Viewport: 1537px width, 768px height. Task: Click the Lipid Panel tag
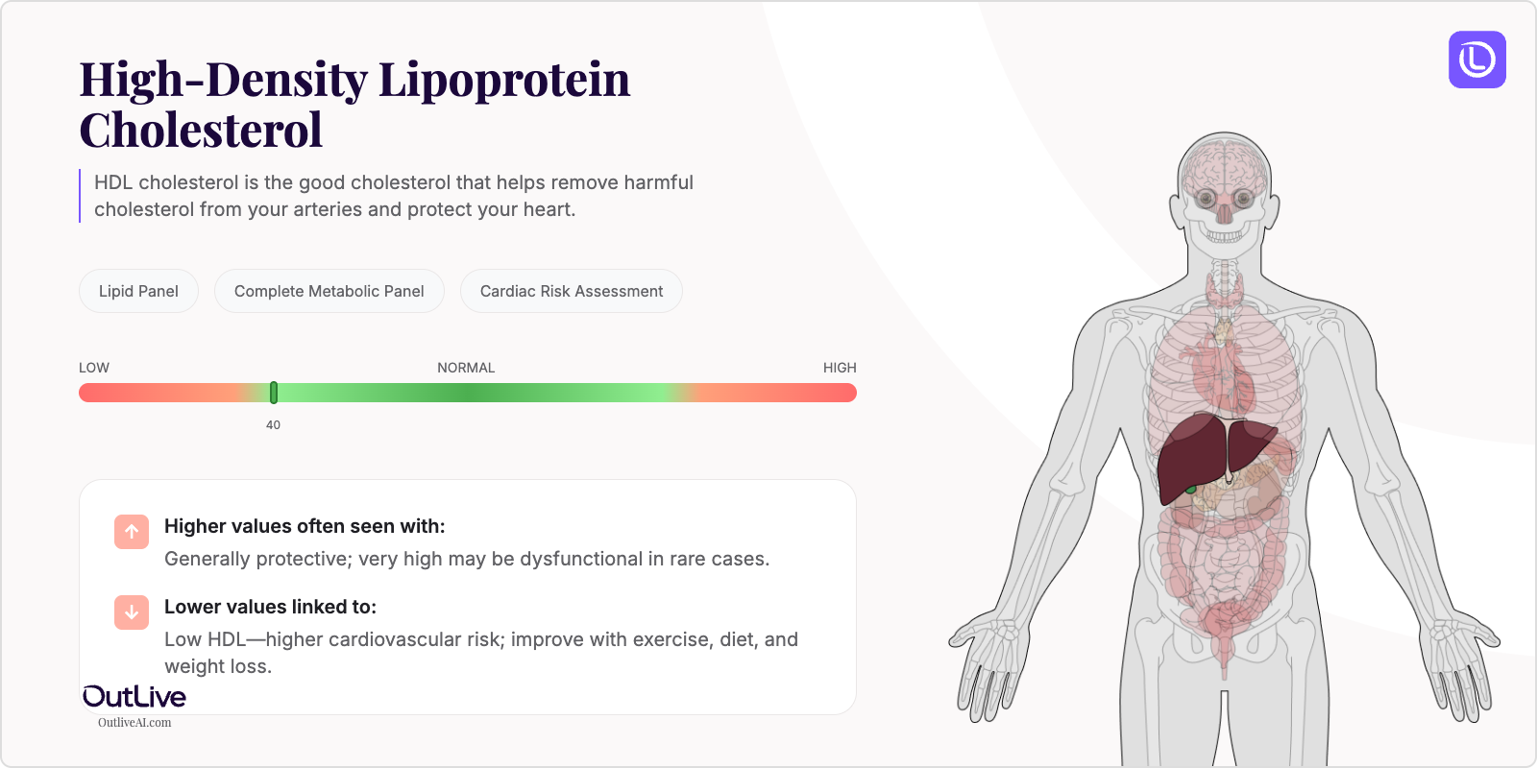pos(138,291)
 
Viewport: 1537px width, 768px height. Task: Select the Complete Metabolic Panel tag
pos(329,291)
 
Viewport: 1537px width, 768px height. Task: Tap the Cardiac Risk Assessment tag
pos(571,291)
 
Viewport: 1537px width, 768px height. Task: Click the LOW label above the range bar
pos(94,368)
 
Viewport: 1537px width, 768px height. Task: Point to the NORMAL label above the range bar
pos(466,368)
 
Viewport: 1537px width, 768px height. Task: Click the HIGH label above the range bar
pos(840,368)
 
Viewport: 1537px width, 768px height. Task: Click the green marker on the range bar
pos(274,393)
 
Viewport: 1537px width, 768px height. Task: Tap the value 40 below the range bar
pos(273,425)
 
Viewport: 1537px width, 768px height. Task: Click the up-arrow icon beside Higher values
pos(132,531)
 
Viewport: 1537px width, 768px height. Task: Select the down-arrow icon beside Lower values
pos(132,612)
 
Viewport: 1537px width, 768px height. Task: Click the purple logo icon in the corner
pos(1476,60)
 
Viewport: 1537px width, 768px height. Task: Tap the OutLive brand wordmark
pos(134,697)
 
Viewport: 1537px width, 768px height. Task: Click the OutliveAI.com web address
pos(134,723)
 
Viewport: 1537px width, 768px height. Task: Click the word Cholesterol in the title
pos(201,131)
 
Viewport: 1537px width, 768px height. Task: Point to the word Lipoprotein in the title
pos(504,80)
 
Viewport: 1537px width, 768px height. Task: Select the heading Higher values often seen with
pos(305,526)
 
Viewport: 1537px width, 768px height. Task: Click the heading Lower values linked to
pos(270,607)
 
